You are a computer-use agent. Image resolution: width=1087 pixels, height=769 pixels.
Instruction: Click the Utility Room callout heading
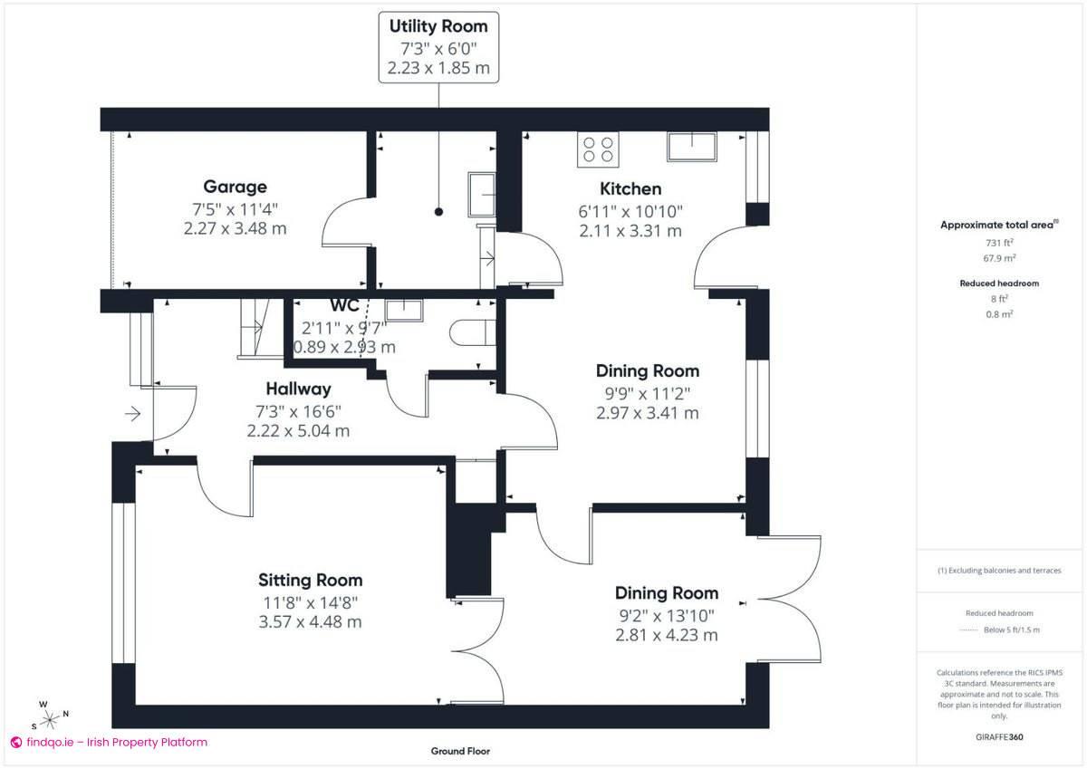pos(438,26)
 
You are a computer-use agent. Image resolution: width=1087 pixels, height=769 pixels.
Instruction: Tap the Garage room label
pos(235,187)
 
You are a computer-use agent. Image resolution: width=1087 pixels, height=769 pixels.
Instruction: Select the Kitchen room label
pos(631,188)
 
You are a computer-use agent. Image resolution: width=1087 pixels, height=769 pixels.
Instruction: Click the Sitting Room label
pos(310,580)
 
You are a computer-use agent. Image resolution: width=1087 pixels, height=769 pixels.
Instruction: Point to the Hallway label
pos(298,389)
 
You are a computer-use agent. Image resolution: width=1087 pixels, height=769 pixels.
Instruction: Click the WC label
pos(345,305)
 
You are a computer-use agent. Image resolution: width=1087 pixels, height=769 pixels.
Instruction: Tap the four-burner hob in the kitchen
pos(597,149)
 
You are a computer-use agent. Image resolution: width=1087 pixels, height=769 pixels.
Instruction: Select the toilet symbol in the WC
pos(471,332)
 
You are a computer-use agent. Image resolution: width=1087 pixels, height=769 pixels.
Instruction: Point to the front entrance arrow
pos(132,414)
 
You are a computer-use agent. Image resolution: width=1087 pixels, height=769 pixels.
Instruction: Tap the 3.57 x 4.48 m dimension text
pos(310,622)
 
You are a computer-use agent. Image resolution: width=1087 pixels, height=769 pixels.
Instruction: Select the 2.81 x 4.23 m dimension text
pos(667,635)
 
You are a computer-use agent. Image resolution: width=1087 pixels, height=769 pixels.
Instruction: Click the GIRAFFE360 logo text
pos(999,737)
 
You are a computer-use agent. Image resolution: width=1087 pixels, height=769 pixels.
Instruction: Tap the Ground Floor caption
pos(460,751)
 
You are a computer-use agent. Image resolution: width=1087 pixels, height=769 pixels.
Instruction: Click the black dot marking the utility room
pos(438,212)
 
